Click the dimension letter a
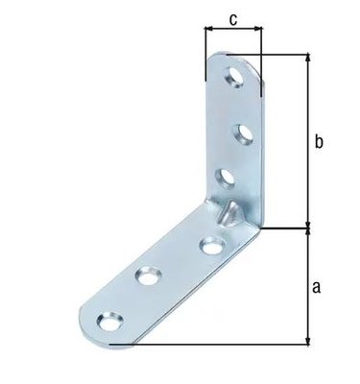pyautogui.click(x=321, y=286)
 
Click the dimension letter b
pyautogui.click(x=321, y=142)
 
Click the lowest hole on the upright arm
pyautogui.click(x=227, y=177)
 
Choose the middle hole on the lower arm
pyautogui.click(x=147, y=276)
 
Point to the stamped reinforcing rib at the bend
pyautogui.click(x=228, y=212)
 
